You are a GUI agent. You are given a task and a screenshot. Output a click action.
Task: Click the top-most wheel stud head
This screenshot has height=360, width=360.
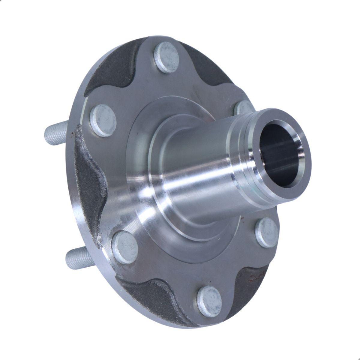(167, 57)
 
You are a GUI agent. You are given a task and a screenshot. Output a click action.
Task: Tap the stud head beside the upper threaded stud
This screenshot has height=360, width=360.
(103, 120)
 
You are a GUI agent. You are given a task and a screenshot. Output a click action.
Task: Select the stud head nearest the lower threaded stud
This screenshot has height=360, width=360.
(124, 247)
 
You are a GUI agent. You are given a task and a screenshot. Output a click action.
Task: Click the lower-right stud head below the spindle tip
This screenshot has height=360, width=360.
(267, 232)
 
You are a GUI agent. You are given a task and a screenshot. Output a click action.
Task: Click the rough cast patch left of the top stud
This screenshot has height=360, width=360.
(111, 72)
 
